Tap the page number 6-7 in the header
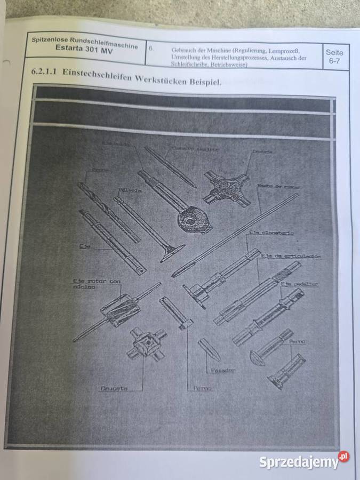coord(334,62)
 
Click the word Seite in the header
coord(334,53)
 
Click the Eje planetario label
coord(271,234)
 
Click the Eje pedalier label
coord(299,284)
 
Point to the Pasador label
coord(221,369)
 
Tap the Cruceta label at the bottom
coord(114,388)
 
